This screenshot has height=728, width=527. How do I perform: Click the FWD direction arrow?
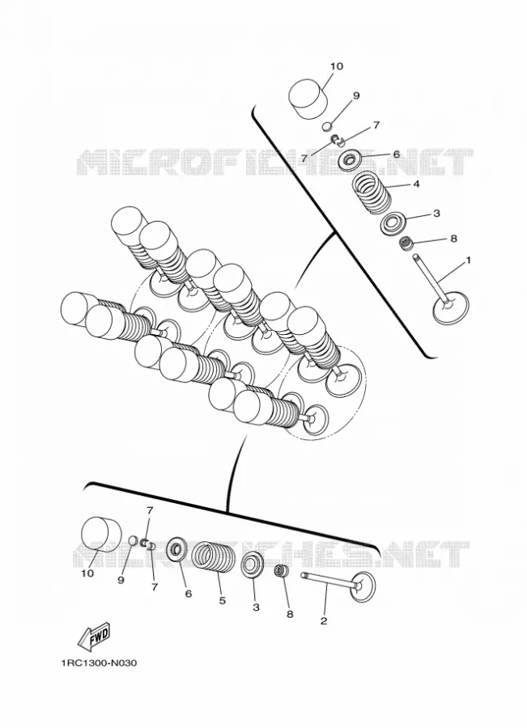pyautogui.click(x=94, y=636)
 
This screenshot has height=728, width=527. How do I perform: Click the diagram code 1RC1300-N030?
pyautogui.click(x=98, y=663)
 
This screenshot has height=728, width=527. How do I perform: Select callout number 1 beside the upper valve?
pyautogui.click(x=469, y=260)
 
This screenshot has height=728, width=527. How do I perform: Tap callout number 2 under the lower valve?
pyautogui.click(x=324, y=620)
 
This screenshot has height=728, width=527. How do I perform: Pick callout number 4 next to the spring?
pyautogui.click(x=416, y=184)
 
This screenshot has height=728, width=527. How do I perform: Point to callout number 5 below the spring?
pyautogui.click(x=222, y=601)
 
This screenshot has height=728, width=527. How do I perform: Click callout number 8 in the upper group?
pyautogui.click(x=453, y=239)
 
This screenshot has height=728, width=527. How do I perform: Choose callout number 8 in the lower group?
pyautogui.click(x=290, y=614)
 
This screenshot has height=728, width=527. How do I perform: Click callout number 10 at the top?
pyautogui.click(x=337, y=66)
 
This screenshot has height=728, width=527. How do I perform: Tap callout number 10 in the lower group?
pyautogui.click(x=87, y=574)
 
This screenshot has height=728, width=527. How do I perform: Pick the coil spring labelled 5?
pyautogui.click(x=214, y=557)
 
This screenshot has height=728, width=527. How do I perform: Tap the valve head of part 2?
pyautogui.click(x=364, y=586)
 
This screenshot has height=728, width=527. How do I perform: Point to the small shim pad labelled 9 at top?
pyautogui.click(x=328, y=126)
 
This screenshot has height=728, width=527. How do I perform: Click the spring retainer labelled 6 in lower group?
pyautogui.click(x=177, y=549)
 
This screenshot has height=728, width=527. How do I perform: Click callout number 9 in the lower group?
pyautogui.click(x=121, y=580)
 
